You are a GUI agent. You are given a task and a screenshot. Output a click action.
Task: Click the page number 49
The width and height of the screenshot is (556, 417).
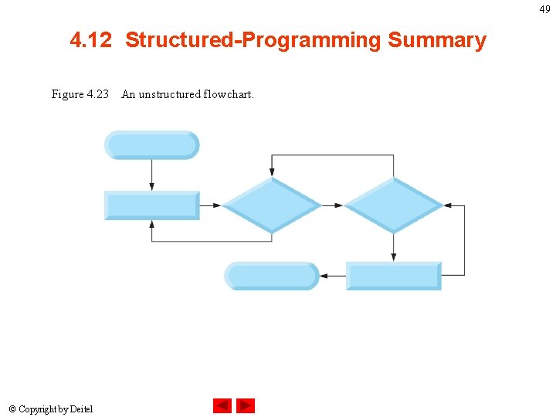point(545,9)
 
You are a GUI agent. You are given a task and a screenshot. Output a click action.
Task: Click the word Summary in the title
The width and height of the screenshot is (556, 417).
point(437,40)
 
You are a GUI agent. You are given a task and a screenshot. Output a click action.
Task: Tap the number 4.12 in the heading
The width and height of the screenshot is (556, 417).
point(91,40)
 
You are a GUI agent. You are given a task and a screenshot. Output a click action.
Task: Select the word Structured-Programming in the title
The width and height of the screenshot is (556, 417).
point(253,40)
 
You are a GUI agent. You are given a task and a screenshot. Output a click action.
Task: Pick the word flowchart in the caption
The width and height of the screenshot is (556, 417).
point(229,94)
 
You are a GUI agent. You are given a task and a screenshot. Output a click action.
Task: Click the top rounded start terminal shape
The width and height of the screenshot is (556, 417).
point(152,145)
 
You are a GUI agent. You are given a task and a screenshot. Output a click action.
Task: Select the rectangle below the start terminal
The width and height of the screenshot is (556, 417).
point(152,205)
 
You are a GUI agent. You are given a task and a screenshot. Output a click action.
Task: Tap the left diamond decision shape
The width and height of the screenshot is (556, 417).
point(271,205)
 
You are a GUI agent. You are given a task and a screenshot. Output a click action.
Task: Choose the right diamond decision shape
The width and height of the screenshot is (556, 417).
point(393,205)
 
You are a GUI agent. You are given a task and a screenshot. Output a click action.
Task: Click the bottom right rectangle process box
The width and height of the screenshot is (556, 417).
point(393,276)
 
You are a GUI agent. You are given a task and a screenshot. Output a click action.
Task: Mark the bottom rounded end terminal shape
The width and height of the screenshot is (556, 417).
point(271,276)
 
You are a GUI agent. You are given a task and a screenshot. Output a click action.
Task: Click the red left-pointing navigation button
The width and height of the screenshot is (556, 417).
point(222,405)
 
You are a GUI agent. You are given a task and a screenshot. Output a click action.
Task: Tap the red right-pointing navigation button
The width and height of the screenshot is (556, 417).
point(246,405)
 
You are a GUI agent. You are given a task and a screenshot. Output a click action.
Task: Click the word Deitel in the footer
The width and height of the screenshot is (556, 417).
point(80,409)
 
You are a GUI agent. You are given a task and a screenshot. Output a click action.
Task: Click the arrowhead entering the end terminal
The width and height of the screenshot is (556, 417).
point(324,276)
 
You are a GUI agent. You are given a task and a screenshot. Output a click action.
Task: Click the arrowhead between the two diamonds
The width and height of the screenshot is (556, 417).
point(339,205)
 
